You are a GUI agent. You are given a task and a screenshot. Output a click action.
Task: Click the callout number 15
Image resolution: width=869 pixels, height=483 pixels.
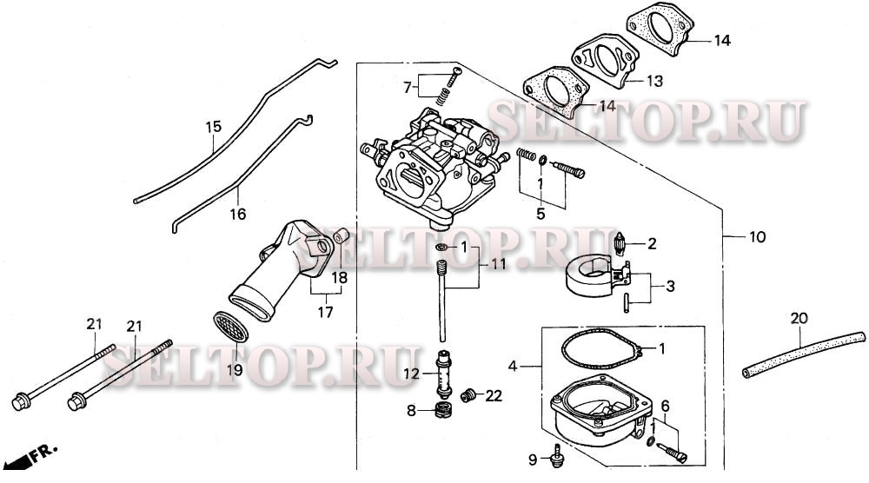point(214,128)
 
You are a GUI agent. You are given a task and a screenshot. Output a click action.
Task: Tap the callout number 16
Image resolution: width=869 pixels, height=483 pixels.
point(238,214)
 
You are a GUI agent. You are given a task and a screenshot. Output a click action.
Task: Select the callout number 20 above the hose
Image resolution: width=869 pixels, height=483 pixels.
point(799,318)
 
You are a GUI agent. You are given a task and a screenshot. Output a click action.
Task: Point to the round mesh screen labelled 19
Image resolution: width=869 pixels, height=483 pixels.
point(231,331)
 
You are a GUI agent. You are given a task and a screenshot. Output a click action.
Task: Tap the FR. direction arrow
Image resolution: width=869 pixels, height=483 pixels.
point(35,455)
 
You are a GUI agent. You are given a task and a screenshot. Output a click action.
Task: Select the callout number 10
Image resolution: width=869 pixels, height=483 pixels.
point(757,237)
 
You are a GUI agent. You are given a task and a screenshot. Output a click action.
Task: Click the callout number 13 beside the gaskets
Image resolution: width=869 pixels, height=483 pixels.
point(653,81)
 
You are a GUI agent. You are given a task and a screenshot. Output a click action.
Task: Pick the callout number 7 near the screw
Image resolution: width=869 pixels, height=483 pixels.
point(406,87)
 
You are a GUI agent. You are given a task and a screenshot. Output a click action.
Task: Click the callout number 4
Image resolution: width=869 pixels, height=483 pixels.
point(513,367)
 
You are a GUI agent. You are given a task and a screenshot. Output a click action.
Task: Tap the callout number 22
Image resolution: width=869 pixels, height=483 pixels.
point(494,396)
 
